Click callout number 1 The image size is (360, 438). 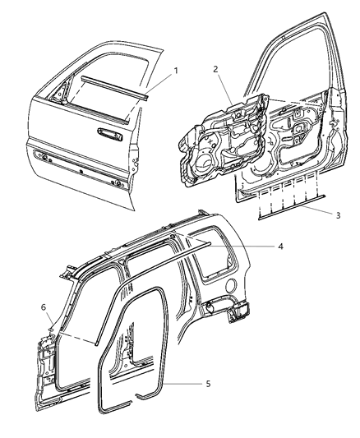[174, 71]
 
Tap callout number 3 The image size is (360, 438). [315, 214]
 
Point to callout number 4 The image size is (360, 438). [280, 245]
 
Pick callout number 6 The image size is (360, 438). [44, 307]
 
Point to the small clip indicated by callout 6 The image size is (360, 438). [51, 326]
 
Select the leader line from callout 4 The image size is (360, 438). [255, 246]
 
